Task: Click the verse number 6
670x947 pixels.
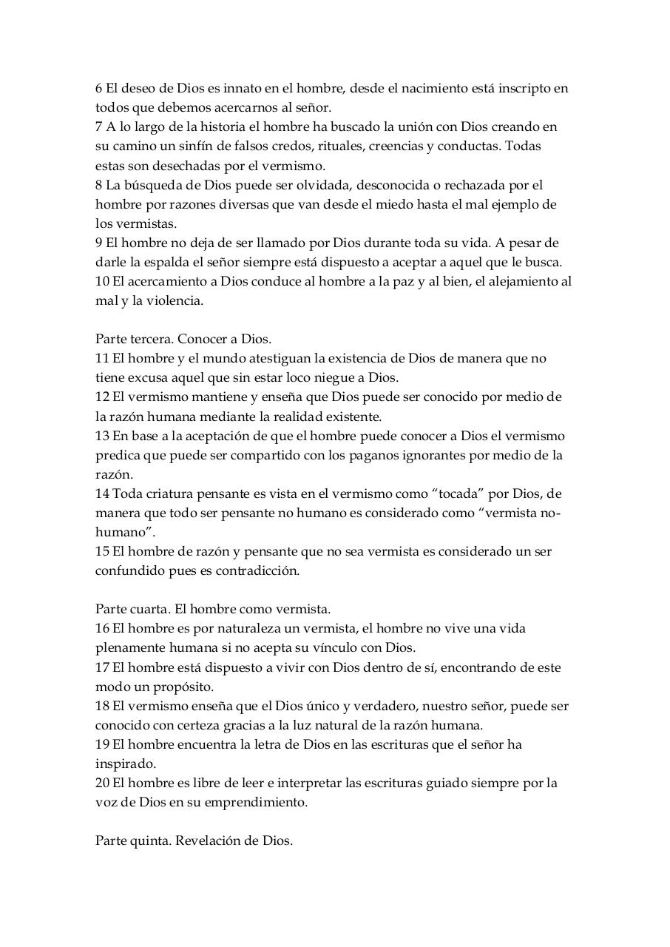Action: [99, 88]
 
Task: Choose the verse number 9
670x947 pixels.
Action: [99, 243]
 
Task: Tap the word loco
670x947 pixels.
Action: [271, 378]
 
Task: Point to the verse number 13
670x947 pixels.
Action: [102, 436]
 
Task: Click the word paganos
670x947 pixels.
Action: [373, 455]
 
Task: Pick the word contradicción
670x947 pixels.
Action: [256, 570]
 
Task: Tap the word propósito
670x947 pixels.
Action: [178, 687]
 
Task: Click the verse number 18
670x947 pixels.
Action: [102, 706]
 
